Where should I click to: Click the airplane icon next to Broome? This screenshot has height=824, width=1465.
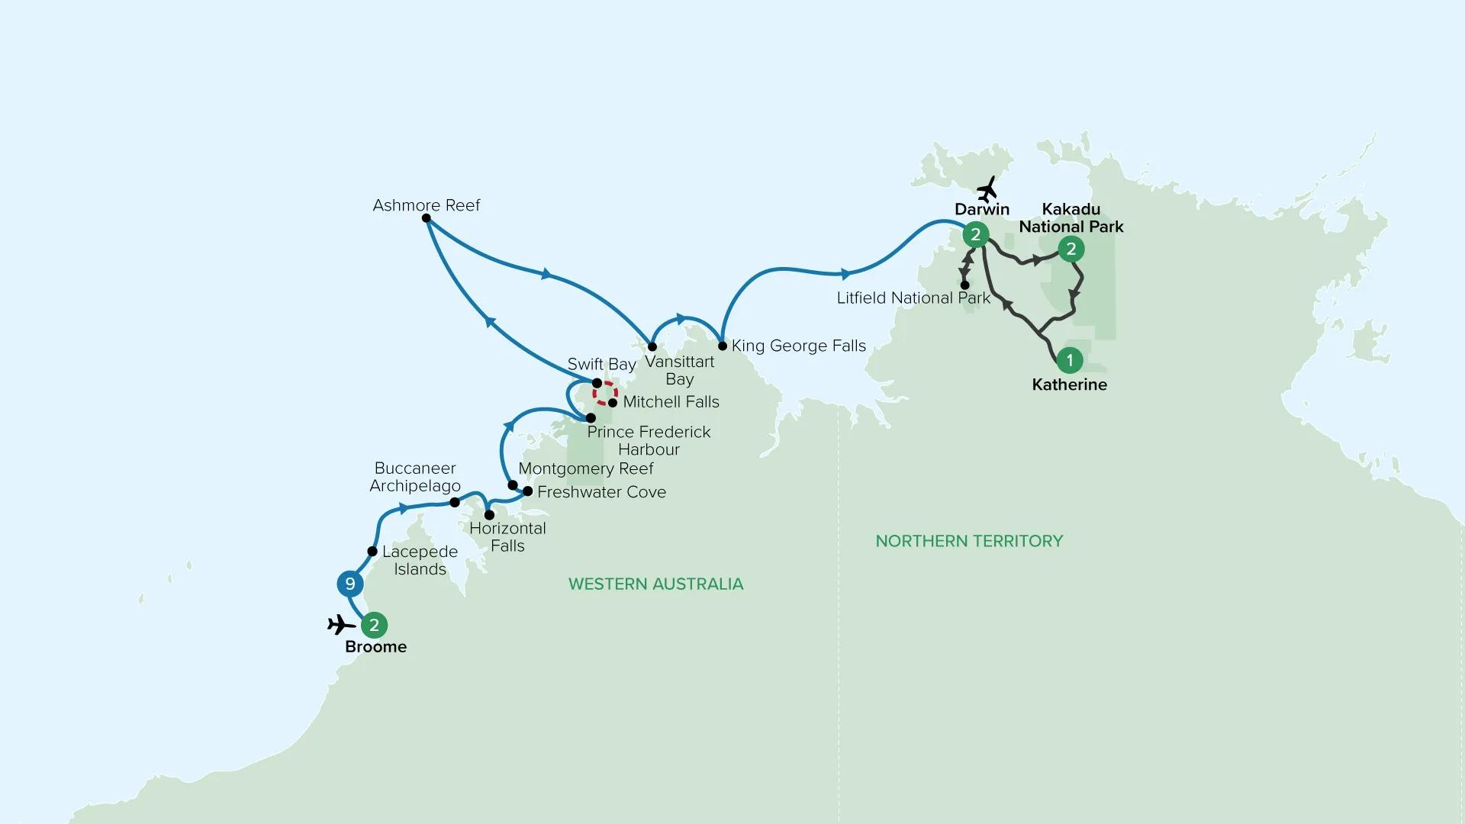coord(341,626)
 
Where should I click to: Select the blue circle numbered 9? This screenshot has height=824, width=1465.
coord(350,584)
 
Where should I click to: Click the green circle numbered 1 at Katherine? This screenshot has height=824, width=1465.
coord(1070,360)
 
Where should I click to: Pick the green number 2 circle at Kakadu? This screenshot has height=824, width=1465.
coord(1071,249)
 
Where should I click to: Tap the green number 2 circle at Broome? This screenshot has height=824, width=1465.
coord(374,626)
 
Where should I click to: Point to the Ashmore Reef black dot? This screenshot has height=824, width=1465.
coord(427,218)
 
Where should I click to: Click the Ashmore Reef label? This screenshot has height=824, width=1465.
coord(427,205)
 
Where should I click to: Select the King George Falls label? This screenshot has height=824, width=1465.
coord(799,346)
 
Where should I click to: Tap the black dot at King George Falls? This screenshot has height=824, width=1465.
coord(723,346)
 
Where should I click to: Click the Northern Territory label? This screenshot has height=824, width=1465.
coord(969,541)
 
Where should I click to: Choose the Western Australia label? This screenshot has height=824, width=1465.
coord(656,584)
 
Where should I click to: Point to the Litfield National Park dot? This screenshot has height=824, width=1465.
coord(964,285)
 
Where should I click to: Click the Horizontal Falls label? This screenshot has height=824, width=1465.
coord(507,537)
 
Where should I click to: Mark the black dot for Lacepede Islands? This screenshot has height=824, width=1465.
coord(372,551)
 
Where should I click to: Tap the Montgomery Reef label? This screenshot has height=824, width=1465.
coord(586,468)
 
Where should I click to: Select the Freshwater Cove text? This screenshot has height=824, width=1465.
coord(601,492)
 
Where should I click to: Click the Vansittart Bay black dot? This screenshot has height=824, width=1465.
coord(652,346)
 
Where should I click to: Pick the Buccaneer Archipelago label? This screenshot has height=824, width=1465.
coord(415,477)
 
